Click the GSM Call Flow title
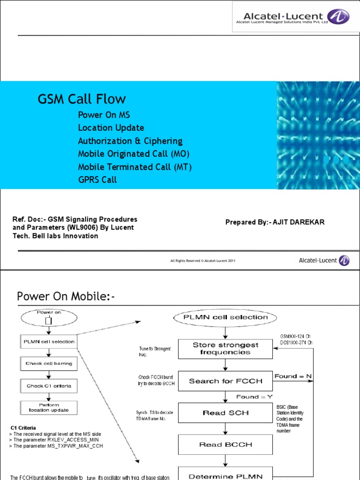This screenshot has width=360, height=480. [82, 99]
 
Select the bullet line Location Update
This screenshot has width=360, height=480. [111, 128]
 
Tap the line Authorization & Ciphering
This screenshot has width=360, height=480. [130, 141]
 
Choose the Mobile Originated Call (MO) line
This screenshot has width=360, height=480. [134, 154]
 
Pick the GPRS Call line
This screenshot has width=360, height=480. [97, 180]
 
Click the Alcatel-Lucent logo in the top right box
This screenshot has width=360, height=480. [291, 16]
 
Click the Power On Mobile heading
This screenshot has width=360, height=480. [66, 296]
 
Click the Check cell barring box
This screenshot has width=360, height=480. [49, 363]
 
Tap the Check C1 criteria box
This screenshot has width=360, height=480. [49, 386]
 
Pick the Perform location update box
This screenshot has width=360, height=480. [49, 407]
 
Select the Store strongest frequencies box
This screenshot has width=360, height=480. [225, 349]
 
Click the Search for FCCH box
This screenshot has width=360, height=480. [225, 381]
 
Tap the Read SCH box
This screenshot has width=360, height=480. [225, 413]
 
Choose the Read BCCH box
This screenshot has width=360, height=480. [225, 444]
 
